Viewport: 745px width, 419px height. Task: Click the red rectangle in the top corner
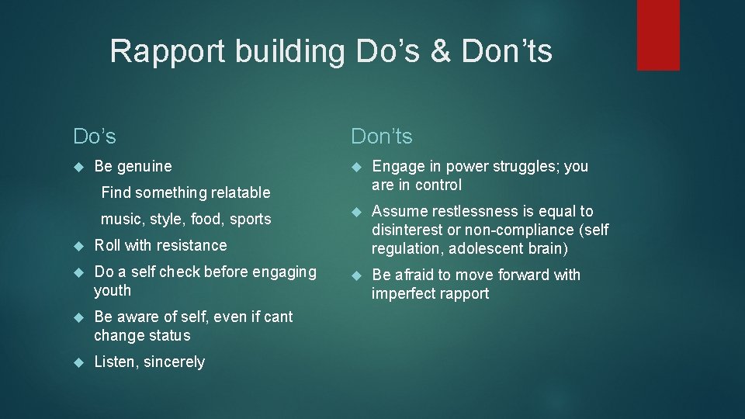pos(658,35)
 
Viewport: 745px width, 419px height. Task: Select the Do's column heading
pos(95,137)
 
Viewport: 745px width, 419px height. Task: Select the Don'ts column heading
pos(382,137)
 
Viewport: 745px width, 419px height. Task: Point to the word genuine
pos(144,166)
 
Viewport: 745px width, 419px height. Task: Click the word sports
pos(250,219)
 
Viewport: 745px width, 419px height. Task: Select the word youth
pos(113,291)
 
